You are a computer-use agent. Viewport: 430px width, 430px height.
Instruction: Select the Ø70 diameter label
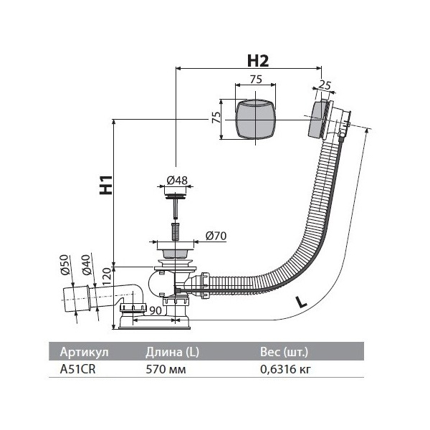(x=216, y=236)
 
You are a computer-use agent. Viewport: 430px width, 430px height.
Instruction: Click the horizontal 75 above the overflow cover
(x=254, y=80)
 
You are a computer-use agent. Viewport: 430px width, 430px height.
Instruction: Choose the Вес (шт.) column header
(x=285, y=353)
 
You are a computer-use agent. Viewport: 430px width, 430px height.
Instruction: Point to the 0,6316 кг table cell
(x=285, y=370)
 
